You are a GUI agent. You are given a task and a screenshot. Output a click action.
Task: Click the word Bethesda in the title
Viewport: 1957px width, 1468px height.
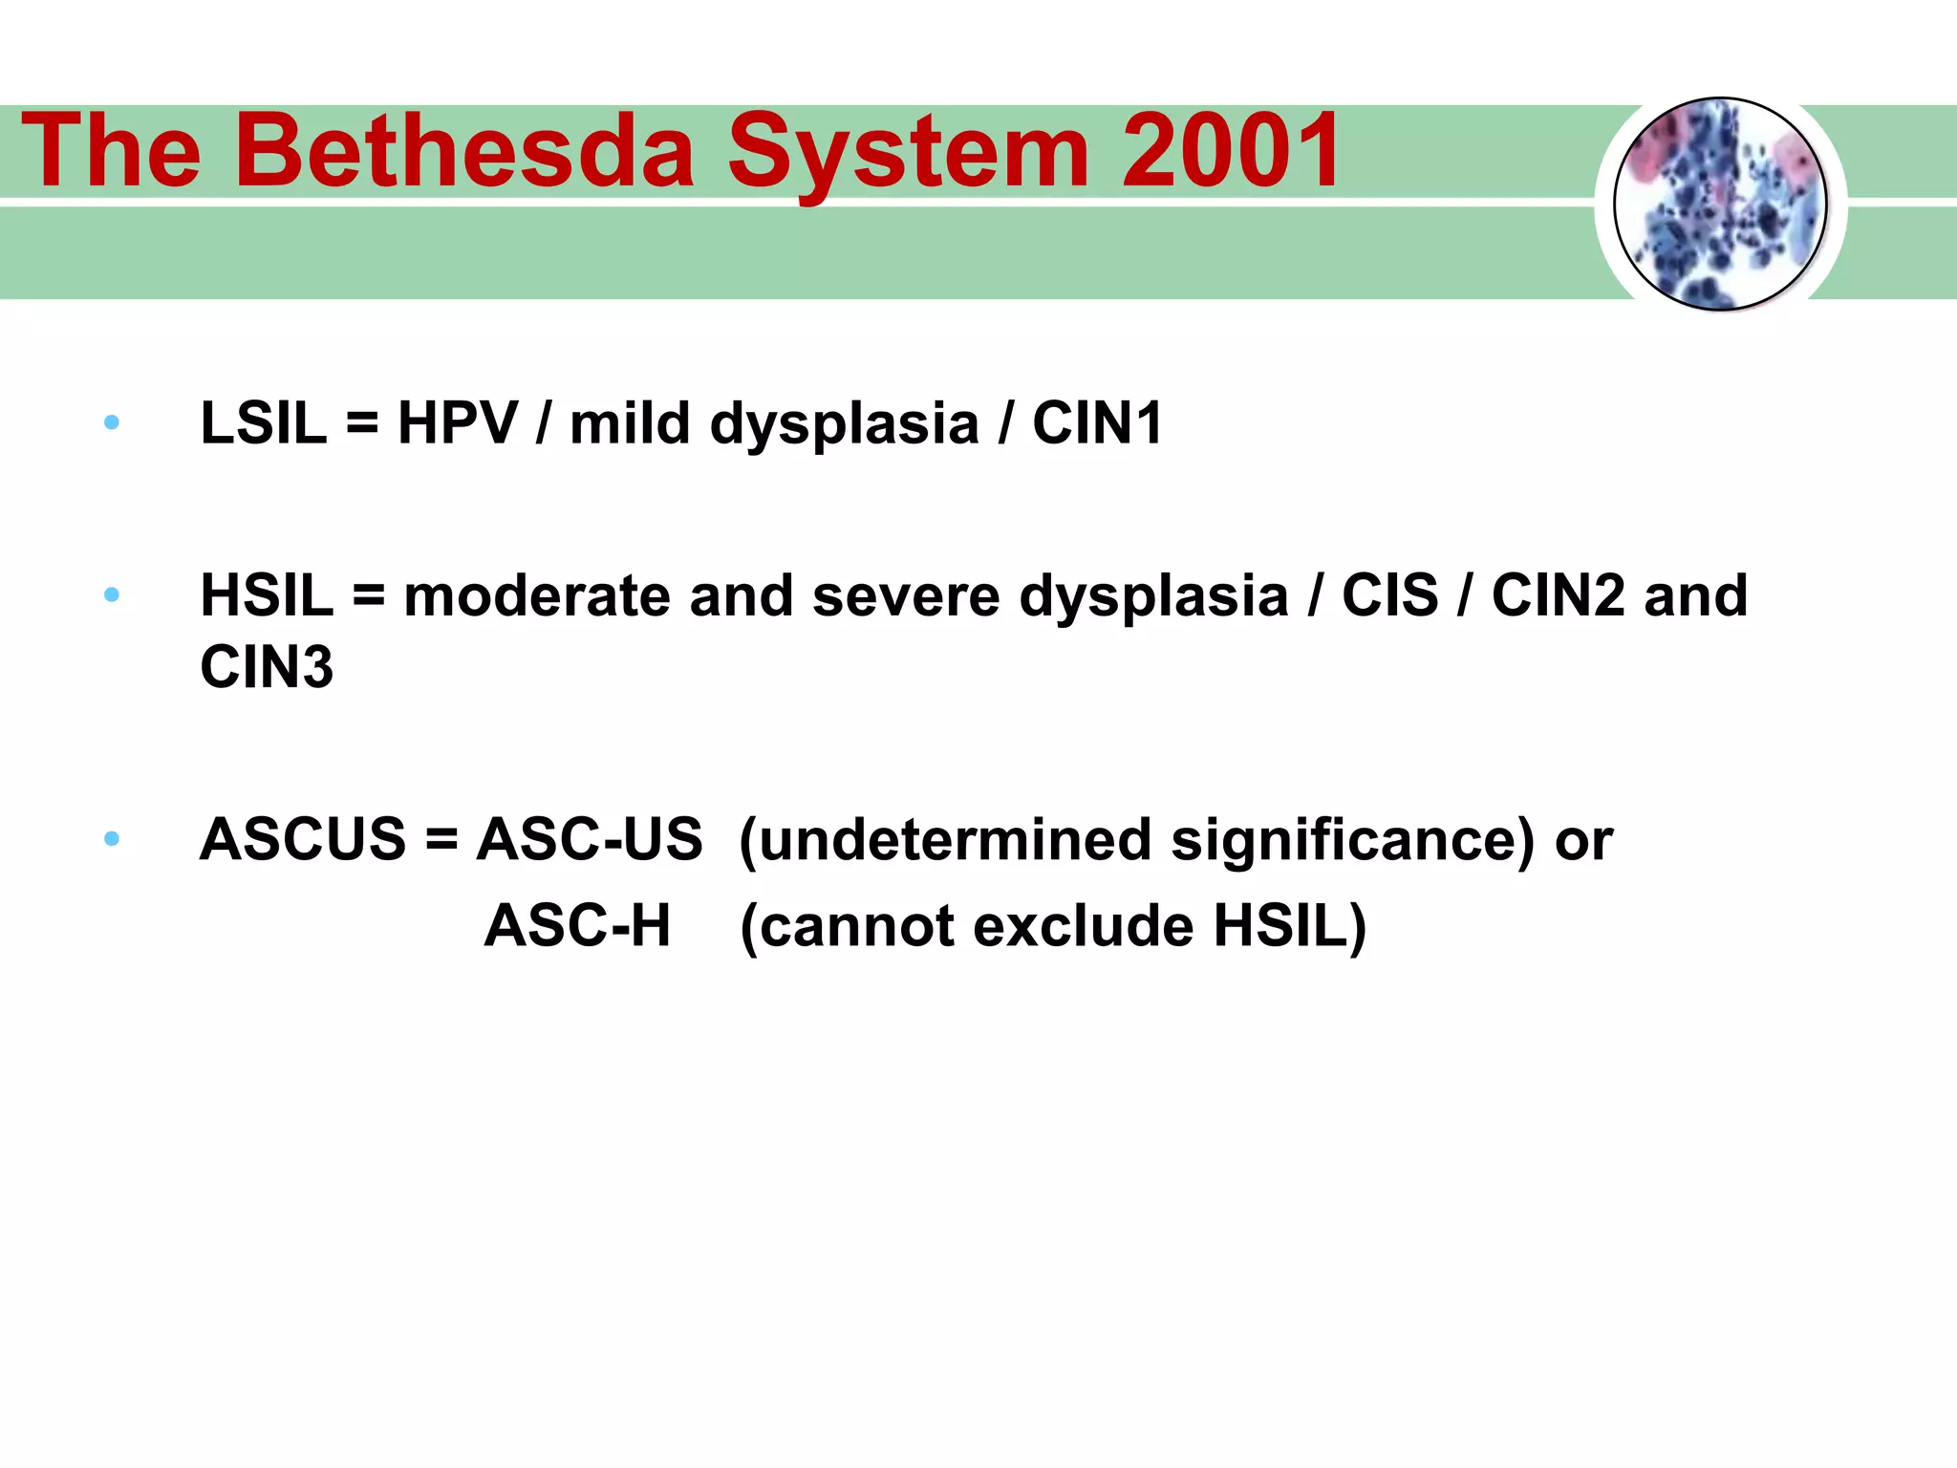[x=470, y=151]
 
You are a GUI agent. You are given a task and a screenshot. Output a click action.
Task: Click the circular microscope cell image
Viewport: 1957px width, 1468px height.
[x=1720, y=205]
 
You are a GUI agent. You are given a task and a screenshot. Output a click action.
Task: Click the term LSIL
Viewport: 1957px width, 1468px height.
[x=264, y=423]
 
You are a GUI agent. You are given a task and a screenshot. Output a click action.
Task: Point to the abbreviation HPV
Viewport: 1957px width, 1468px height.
[x=458, y=423]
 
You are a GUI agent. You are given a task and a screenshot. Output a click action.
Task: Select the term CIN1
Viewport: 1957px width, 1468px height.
[x=1097, y=423]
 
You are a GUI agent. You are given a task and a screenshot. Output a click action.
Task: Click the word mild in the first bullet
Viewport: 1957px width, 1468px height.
[x=630, y=423]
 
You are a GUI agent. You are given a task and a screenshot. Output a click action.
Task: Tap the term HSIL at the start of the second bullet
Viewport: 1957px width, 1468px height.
[x=267, y=595]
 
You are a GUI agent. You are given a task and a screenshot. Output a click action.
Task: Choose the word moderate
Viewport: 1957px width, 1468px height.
[x=537, y=595]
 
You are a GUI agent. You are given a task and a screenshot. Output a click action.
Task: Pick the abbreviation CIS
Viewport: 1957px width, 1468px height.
[x=1389, y=595]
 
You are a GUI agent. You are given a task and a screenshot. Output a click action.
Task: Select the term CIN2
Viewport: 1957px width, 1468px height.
[x=1558, y=595]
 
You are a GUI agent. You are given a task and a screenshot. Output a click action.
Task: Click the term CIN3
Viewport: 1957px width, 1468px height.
[x=267, y=667]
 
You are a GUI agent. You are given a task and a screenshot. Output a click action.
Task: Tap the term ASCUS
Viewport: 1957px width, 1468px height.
[x=303, y=839]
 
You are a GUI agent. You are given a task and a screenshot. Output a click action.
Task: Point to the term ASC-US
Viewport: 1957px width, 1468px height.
[x=590, y=839]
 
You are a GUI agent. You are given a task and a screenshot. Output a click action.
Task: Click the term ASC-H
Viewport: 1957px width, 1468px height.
[x=577, y=926]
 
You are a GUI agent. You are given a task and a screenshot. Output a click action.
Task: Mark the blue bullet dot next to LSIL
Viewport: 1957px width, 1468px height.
[x=112, y=422]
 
